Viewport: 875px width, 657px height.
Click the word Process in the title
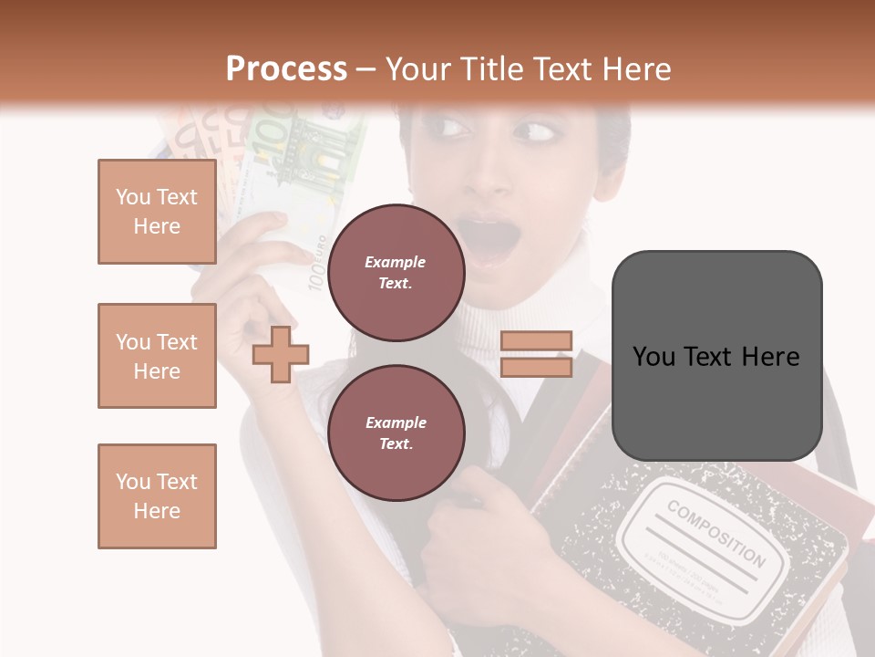[286, 69]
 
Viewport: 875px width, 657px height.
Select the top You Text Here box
[157, 212]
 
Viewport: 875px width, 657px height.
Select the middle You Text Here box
[157, 356]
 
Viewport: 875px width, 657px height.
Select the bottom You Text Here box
[157, 495]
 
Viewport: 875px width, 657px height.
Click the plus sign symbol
[281, 354]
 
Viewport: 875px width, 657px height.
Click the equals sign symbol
[536, 354]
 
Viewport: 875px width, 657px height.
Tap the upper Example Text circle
[396, 272]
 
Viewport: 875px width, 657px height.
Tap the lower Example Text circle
[396, 433]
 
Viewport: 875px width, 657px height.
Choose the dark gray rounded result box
[716, 356]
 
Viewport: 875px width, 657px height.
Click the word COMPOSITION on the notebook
[715, 533]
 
